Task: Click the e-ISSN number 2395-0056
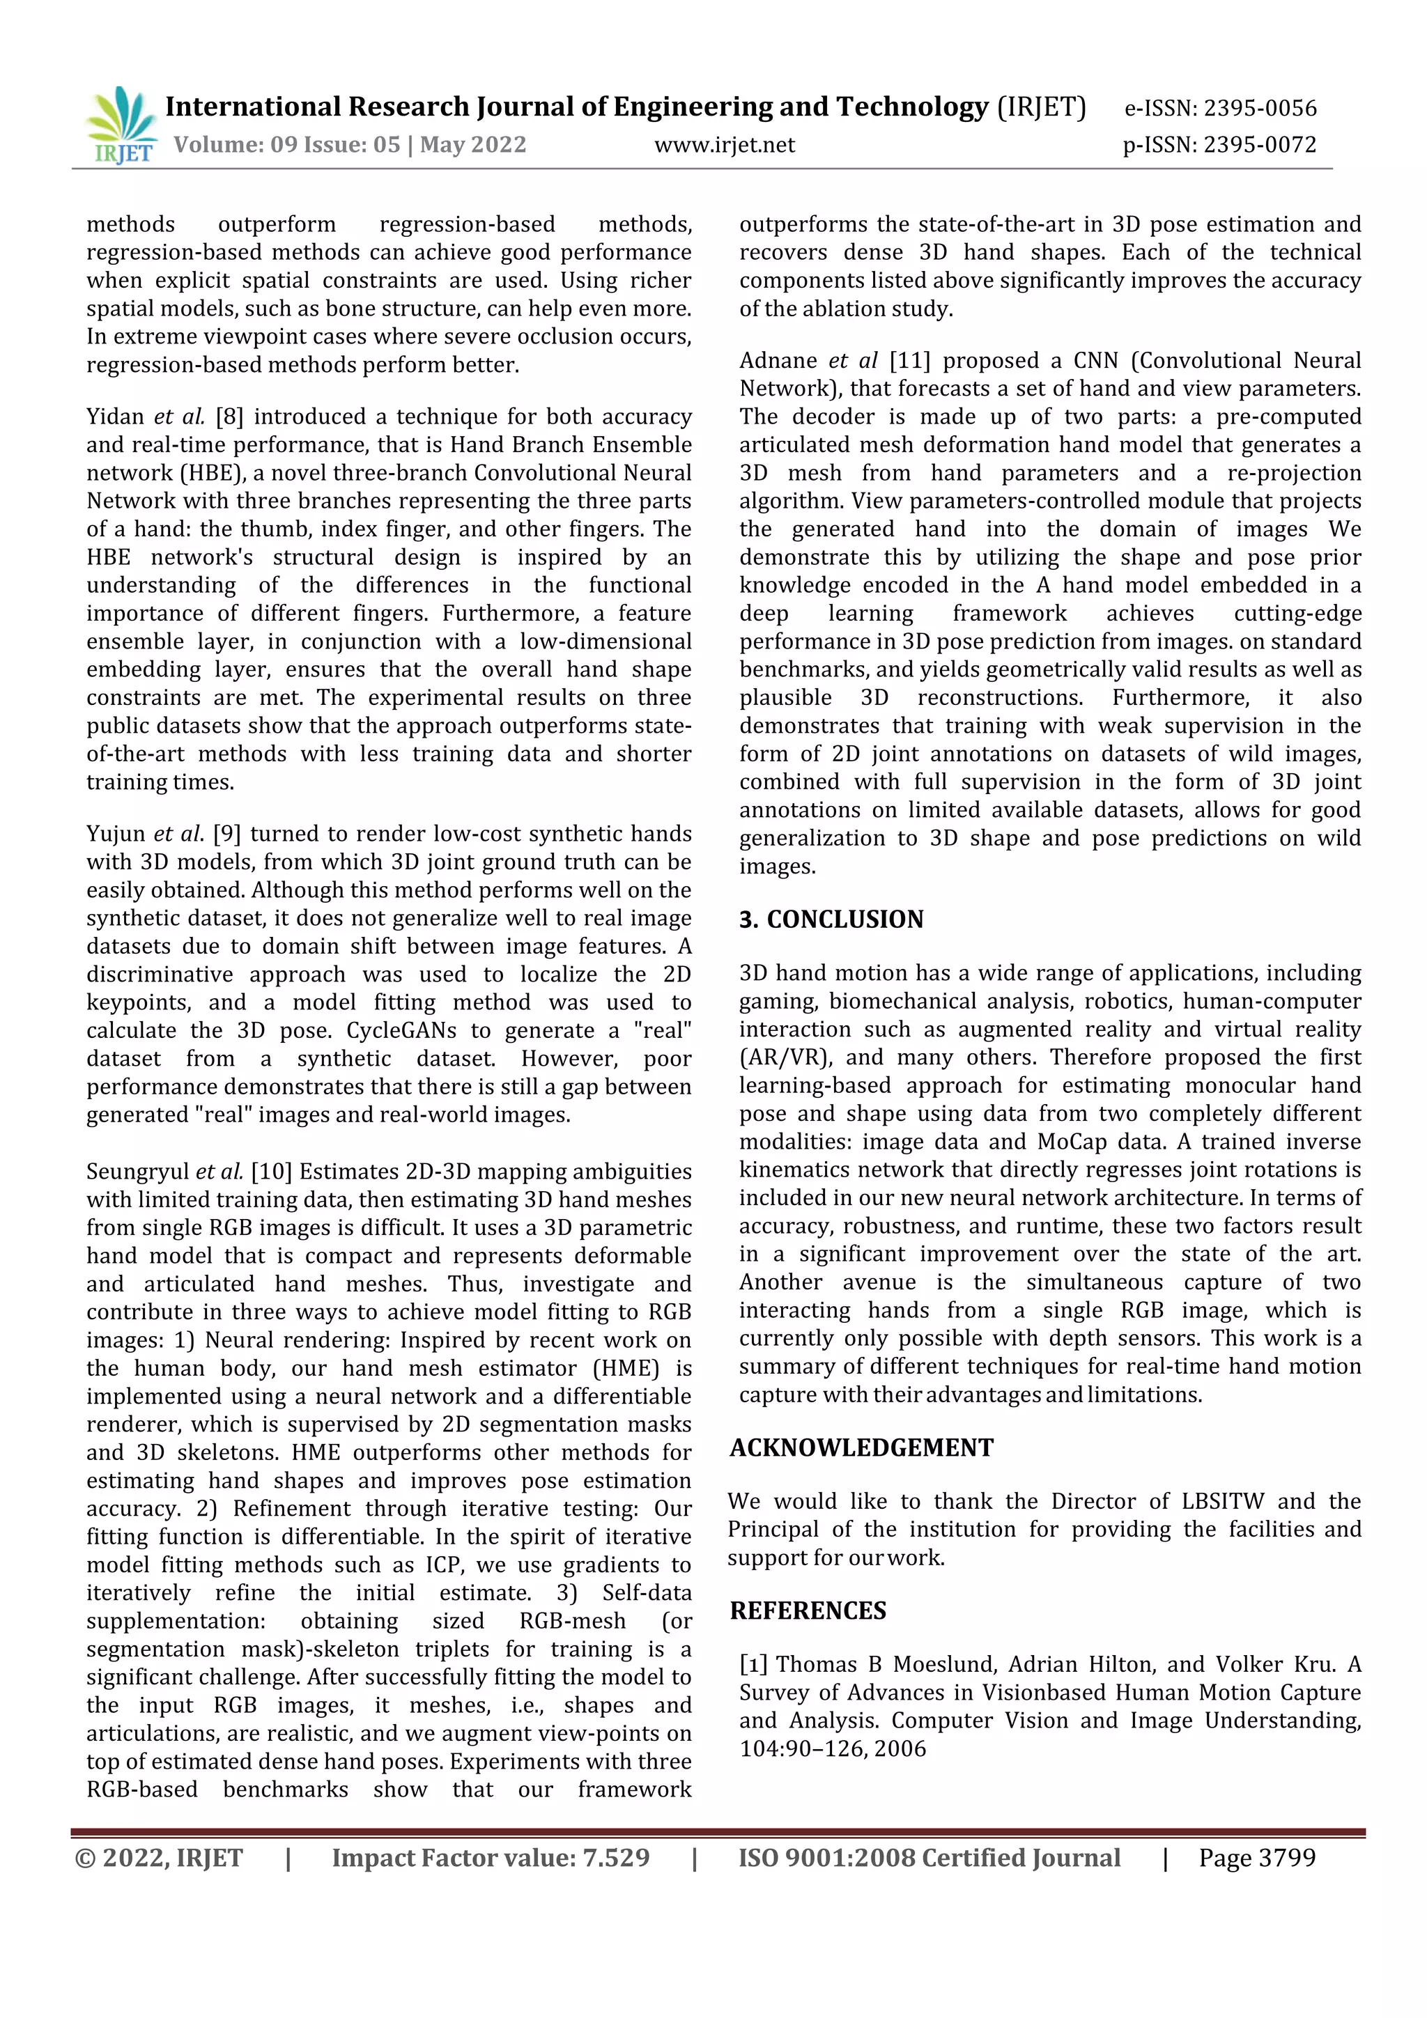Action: pyautogui.click(x=1259, y=108)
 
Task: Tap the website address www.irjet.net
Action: pyautogui.click(x=724, y=144)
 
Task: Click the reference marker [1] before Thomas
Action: pyautogui.click(x=753, y=1664)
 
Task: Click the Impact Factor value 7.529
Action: pyautogui.click(x=615, y=1857)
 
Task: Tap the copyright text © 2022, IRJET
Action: pyautogui.click(x=159, y=1857)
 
